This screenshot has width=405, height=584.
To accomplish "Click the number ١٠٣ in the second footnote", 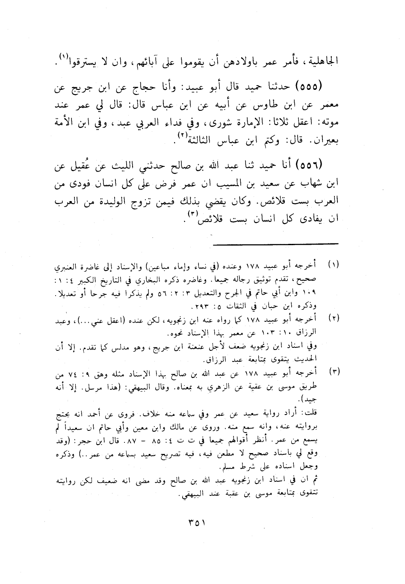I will pyautogui.click(x=275, y=332).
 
